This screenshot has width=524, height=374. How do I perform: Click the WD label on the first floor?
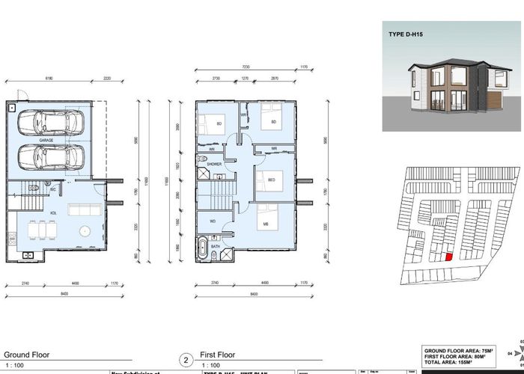213,221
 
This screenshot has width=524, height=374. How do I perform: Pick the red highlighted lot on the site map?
448,257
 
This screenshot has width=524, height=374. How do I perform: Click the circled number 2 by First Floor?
184,359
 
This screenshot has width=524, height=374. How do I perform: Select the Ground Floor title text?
25,355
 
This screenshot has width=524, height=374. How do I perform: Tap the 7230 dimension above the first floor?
247,67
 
